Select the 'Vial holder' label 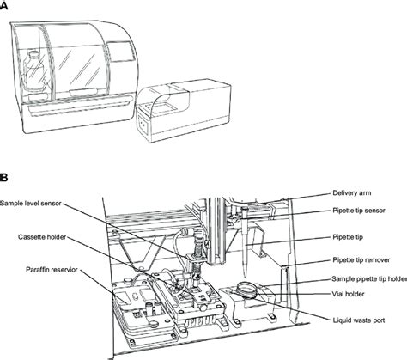pos(352,292)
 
